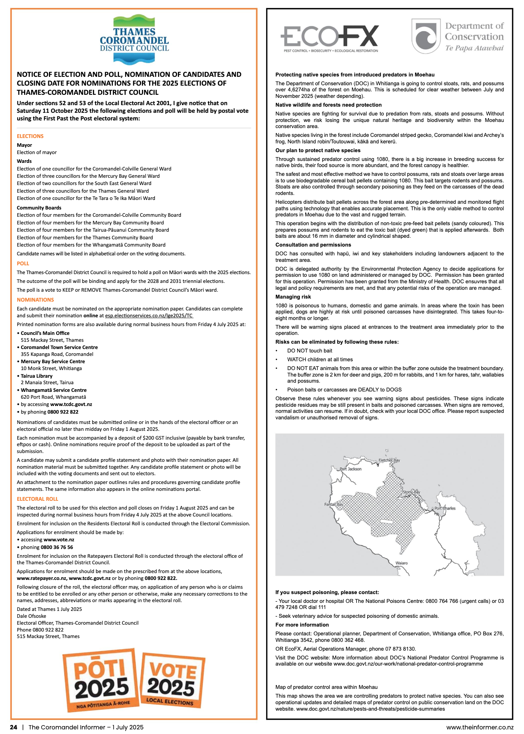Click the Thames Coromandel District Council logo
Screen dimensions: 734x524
click(134, 39)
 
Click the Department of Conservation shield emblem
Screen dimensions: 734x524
click(426, 36)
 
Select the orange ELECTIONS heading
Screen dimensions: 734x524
click(30, 136)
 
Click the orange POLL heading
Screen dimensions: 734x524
click(23, 263)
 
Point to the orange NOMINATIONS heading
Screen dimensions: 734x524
click(35, 300)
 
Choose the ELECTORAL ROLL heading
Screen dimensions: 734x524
click(37, 499)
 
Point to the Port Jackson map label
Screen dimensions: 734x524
click(351, 469)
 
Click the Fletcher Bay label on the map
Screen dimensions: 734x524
click(389, 460)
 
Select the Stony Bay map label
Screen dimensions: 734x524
click(411, 492)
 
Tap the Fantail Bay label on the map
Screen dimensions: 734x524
click(334, 504)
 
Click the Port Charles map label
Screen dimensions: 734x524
click(445, 508)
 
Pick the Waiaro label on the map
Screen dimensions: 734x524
click(401, 563)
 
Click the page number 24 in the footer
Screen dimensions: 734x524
click(14, 727)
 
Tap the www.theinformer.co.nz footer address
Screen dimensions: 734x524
click(480, 727)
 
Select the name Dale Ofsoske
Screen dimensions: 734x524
click(31, 616)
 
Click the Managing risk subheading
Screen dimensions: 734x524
click(293, 297)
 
